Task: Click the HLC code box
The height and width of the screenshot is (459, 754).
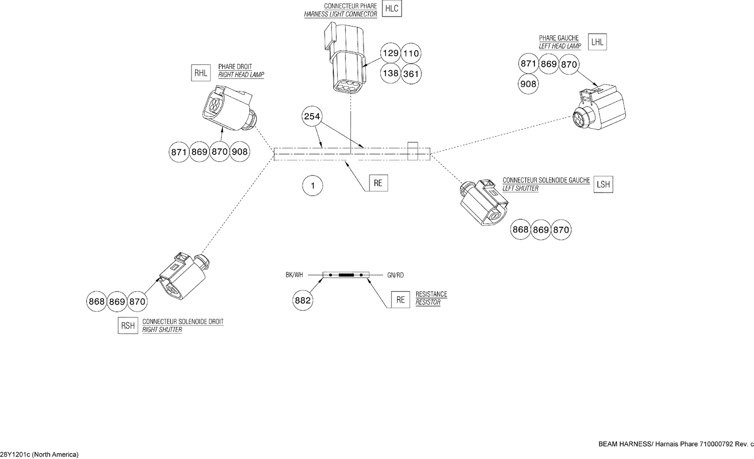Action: pyautogui.click(x=392, y=9)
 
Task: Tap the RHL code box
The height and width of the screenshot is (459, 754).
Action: pyautogui.click(x=201, y=73)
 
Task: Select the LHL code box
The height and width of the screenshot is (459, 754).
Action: pyautogui.click(x=597, y=42)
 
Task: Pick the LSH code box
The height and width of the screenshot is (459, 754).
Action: pyautogui.click(x=603, y=185)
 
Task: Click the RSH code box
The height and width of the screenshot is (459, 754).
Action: pyautogui.click(x=128, y=326)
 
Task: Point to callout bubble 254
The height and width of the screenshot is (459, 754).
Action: pyautogui.click(x=312, y=117)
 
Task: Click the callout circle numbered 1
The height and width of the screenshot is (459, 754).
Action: pyautogui.click(x=312, y=186)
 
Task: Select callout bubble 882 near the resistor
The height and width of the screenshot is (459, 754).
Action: pyautogui.click(x=303, y=301)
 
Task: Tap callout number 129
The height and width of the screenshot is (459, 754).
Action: pyautogui.click(x=390, y=53)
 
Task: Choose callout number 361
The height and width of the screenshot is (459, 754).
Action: pyautogui.click(x=411, y=74)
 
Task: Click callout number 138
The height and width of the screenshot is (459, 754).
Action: pyautogui.click(x=390, y=73)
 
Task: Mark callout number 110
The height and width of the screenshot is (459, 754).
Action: pyautogui.click(x=411, y=53)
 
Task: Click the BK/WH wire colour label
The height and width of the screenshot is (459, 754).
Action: pyautogui.click(x=294, y=275)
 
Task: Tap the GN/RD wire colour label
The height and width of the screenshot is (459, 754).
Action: pyautogui.click(x=395, y=275)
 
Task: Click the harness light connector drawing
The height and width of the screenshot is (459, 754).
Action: pyautogui.click(x=345, y=61)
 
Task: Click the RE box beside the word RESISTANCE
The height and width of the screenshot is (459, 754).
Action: pyautogui.click(x=400, y=300)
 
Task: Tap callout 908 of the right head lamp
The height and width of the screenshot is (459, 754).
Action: pyautogui.click(x=240, y=151)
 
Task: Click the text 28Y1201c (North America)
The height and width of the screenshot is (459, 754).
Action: pyautogui.click(x=39, y=454)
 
